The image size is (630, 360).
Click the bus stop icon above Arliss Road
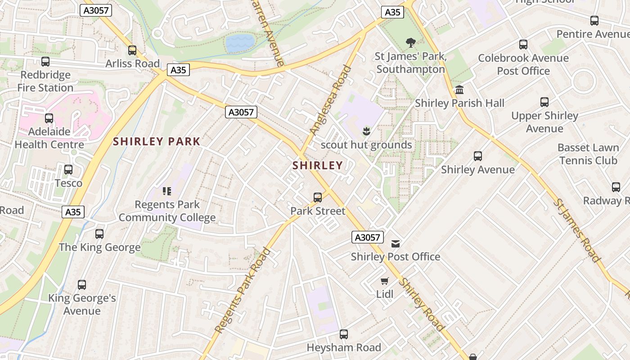tap(132, 50)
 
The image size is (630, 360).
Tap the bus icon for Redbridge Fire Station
tap(45, 62)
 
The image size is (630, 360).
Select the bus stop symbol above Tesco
tap(68, 170)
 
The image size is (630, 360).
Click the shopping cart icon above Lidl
tap(384, 281)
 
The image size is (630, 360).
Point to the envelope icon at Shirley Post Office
tap(396, 244)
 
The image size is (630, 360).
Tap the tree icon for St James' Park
tap(410, 43)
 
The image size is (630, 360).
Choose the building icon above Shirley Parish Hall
tap(459, 90)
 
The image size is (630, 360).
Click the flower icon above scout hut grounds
tap(366, 131)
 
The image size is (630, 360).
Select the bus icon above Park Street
tap(318, 198)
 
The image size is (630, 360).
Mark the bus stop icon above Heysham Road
tap(344, 334)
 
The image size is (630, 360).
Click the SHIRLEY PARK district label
tap(157, 141)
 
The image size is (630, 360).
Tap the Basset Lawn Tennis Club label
tap(588, 154)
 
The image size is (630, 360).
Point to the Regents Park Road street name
tap(243, 290)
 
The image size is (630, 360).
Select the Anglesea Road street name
tap(330, 100)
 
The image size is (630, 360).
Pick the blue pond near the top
tap(240, 43)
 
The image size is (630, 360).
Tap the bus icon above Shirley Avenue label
tap(478, 156)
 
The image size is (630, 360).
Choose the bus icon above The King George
tap(99, 234)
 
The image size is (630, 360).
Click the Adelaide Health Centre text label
tap(49, 138)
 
